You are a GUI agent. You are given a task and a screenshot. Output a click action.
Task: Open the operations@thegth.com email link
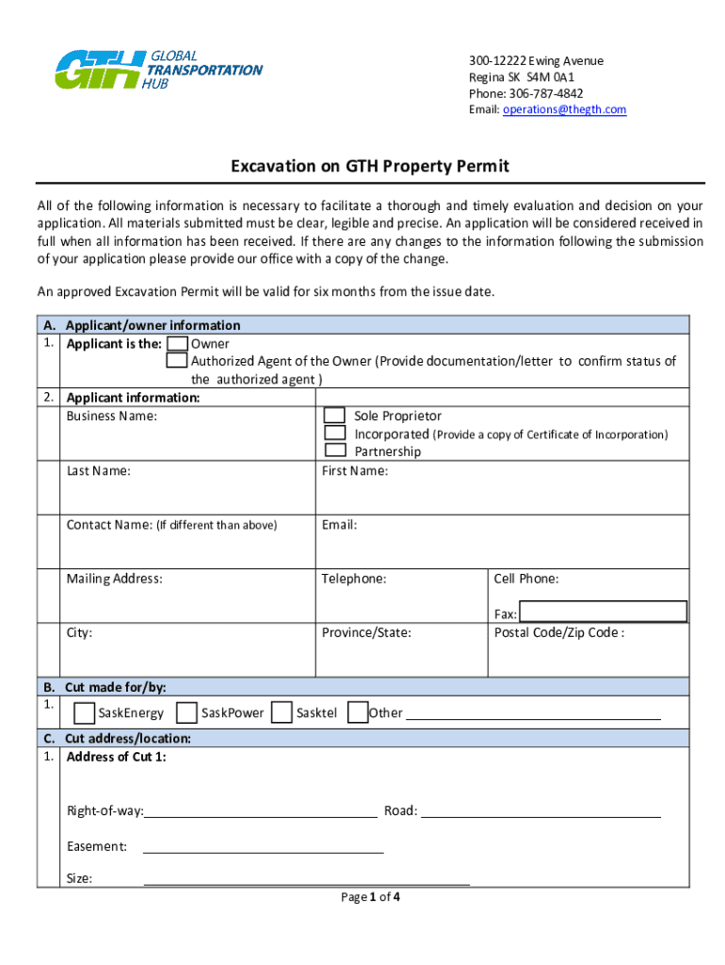(564, 109)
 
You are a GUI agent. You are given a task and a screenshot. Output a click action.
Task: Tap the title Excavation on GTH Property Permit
(370, 166)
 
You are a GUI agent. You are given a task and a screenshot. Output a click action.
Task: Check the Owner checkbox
(176, 344)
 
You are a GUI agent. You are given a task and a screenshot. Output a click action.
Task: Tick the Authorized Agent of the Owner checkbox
(176, 361)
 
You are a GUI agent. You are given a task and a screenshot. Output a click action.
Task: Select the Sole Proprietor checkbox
(334, 416)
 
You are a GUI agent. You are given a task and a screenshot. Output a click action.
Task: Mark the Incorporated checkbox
(334, 433)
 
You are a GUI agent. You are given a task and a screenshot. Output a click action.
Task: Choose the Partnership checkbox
(334, 450)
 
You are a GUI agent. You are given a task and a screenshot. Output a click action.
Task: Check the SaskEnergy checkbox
(84, 712)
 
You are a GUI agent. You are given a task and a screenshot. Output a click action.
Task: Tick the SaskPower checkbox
(186, 712)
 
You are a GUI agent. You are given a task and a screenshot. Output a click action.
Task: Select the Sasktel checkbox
(281, 712)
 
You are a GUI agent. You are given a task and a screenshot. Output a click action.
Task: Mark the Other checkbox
(357, 712)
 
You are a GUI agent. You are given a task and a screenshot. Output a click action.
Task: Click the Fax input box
(603, 612)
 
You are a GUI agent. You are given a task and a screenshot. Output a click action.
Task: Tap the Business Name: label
(112, 416)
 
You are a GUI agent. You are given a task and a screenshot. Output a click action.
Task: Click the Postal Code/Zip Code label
(558, 632)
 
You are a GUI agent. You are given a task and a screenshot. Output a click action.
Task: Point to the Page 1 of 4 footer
(370, 897)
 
